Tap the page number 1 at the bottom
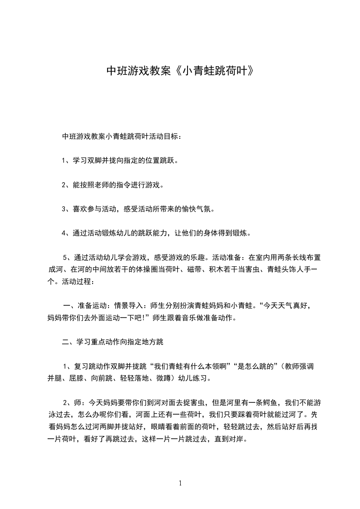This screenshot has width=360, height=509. click(x=180, y=483)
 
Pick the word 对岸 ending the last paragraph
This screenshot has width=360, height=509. click(x=237, y=440)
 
